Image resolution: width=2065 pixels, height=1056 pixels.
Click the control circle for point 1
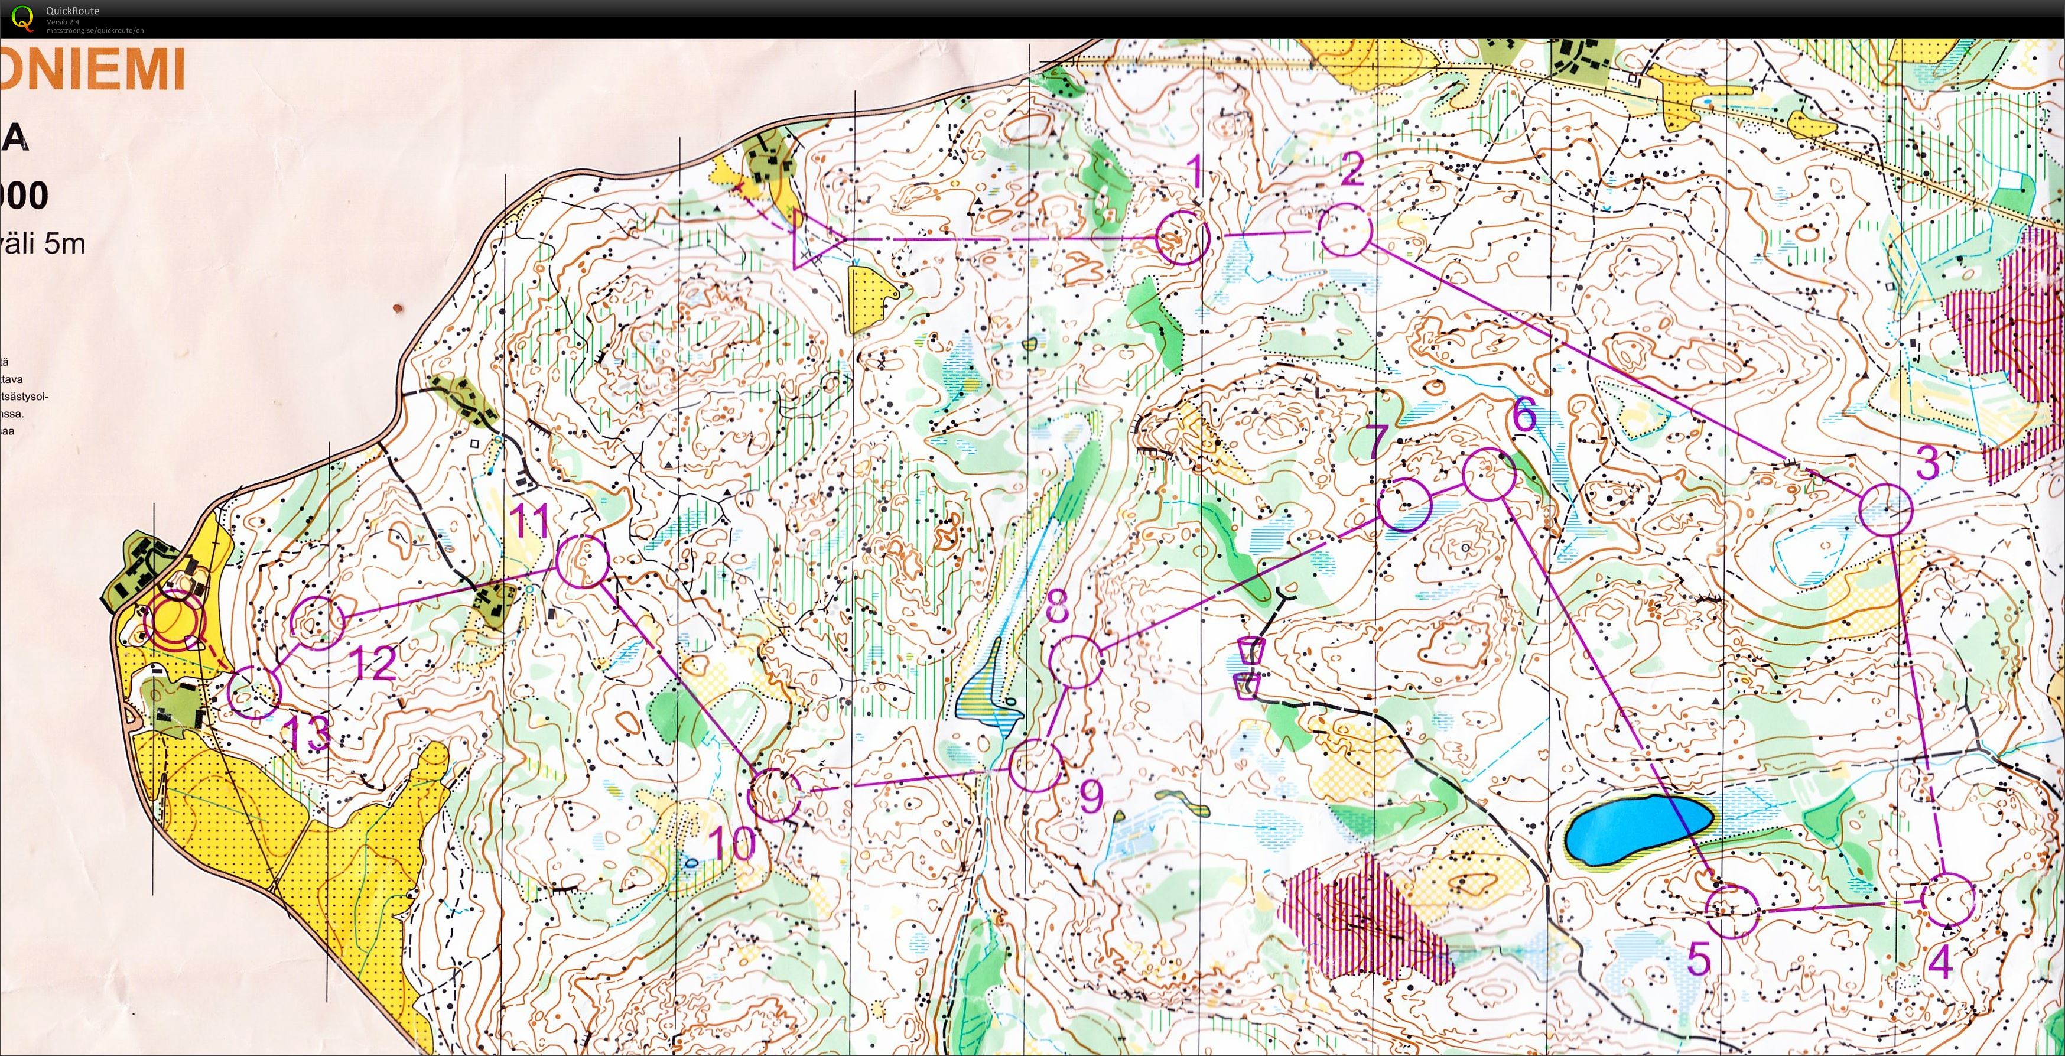pos(1182,238)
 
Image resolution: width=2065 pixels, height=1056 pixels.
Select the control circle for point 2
pos(1346,230)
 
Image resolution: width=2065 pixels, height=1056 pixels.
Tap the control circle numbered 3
pos(1885,510)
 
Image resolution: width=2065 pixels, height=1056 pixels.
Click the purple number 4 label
pos(1940,963)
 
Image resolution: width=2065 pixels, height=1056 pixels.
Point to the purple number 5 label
pos(1699,958)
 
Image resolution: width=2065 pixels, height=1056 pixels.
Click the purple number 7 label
pos(1375,440)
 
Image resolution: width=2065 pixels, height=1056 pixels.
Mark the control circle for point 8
pos(1076,661)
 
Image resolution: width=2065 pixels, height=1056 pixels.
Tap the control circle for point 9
pos(1035,765)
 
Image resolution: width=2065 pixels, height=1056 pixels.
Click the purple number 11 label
pos(531,521)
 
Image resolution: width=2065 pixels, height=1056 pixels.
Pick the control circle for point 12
pos(317,622)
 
